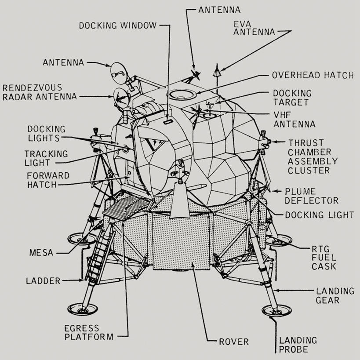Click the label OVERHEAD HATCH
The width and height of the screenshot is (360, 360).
313,75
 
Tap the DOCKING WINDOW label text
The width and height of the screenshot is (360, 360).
117,25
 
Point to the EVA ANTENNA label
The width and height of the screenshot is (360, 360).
255,28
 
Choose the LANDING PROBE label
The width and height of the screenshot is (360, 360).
298,345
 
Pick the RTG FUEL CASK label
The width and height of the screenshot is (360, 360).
324,257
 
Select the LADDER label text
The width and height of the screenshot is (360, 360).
43,280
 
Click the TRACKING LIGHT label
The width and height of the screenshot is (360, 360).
46,158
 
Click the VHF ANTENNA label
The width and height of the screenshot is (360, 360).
294,120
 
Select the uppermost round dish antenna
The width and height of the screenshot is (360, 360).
118,73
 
